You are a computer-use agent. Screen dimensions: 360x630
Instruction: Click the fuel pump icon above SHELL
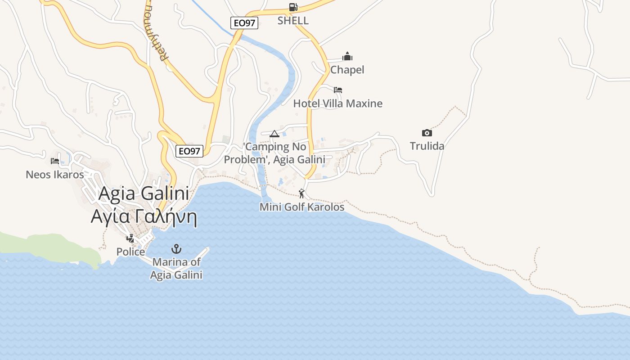click(x=293, y=7)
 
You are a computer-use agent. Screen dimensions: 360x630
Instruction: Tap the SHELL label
click(x=293, y=20)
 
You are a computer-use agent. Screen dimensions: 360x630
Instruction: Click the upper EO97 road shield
click(x=244, y=23)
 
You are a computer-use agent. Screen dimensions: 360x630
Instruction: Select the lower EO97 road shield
click(x=189, y=151)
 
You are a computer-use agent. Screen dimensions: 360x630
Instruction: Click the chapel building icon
click(x=347, y=56)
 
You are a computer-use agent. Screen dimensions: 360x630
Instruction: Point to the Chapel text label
click(x=347, y=70)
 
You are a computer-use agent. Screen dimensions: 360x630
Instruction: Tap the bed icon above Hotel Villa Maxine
click(x=338, y=90)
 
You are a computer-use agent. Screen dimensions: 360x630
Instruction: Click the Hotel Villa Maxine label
click(x=337, y=103)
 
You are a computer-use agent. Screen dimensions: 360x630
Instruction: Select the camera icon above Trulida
click(x=427, y=133)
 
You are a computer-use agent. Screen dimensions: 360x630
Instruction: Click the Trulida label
click(x=427, y=146)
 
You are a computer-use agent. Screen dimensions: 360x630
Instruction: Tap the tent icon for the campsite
click(x=274, y=133)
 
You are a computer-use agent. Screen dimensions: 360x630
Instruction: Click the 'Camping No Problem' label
click(x=274, y=153)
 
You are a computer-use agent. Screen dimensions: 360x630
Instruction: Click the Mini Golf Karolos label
click(x=302, y=207)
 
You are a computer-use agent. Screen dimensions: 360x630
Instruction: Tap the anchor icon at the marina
click(x=176, y=249)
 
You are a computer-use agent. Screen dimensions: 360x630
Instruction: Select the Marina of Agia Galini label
click(x=176, y=268)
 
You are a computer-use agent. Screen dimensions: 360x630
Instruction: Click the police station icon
click(x=130, y=238)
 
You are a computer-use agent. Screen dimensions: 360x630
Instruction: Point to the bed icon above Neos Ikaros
click(x=55, y=161)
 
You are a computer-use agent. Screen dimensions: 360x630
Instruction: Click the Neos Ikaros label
click(x=55, y=174)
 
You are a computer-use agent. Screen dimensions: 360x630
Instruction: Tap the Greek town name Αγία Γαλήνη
click(x=144, y=216)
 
